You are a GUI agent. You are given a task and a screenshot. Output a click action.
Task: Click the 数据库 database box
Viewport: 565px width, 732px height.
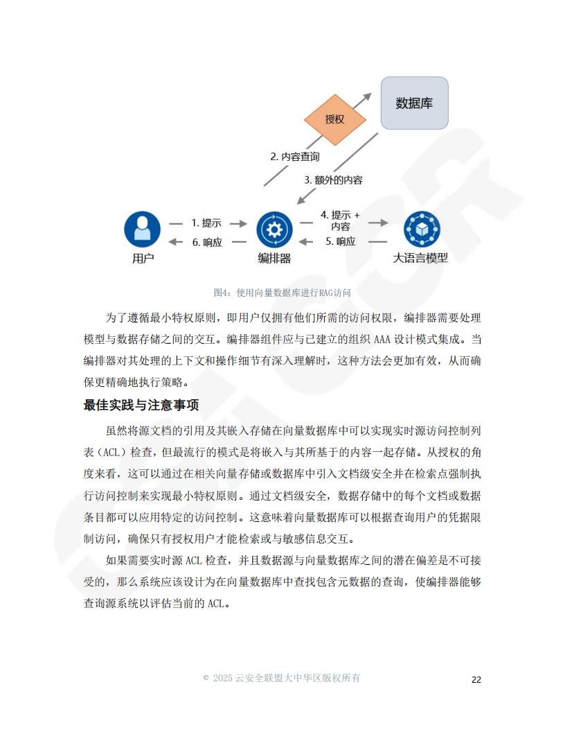pos(415,103)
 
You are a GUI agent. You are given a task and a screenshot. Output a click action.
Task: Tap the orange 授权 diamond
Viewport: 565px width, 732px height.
pos(334,119)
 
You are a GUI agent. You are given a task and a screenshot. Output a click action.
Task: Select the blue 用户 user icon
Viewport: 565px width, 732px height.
pos(142,229)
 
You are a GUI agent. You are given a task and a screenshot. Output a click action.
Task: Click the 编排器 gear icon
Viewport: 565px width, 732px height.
pos(275,229)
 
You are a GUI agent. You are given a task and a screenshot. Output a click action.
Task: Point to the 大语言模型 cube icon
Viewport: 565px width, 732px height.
pos(422,229)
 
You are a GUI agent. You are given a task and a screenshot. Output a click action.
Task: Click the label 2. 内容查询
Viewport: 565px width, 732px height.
pos(295,157)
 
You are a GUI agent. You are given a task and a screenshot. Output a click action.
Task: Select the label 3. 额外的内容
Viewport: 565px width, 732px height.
pos(333,180)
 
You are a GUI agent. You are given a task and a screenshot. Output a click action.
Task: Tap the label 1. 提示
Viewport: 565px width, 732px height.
pos(206,223)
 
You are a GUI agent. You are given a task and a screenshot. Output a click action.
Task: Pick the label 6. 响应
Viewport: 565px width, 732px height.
pos(208,243)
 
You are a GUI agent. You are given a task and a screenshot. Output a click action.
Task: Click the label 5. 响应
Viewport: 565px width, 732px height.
pos(340,241)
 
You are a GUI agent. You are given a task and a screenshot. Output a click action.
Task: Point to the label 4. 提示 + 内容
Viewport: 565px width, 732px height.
pos(340,221)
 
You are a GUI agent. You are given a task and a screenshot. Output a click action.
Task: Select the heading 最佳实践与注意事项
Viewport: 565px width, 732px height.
pos(141,405)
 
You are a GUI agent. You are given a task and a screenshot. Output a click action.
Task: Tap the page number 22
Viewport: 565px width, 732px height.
pos(476,680)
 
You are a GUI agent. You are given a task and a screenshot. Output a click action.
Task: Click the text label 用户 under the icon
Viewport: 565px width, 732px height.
pos(143,258)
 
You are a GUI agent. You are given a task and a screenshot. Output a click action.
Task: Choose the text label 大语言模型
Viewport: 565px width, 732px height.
pos(420,258)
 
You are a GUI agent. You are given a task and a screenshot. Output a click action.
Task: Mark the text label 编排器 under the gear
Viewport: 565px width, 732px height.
pos(275,258)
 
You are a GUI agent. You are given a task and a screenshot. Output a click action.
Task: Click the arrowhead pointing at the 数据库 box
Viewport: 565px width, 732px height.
pos(368,96)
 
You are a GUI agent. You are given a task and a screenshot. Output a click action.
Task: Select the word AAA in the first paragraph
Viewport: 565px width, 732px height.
pos(382,340)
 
